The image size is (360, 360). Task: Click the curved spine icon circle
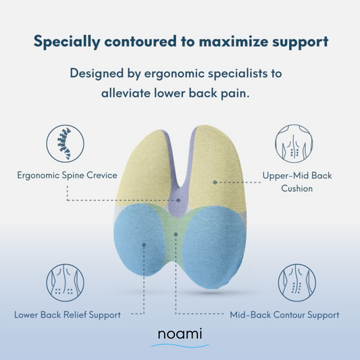pos(66,144)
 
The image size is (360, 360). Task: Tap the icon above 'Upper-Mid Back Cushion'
pos(294,144)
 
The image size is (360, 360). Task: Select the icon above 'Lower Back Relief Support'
pos(66,282)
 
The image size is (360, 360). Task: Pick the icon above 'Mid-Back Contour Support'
pos(297,282)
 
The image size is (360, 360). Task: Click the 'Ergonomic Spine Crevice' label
pos(68,176)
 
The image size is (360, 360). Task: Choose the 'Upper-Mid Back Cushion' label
pos(297,182)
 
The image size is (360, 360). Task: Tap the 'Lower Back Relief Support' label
pos(68,315)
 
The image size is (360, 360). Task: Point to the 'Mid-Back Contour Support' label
pos(284,315)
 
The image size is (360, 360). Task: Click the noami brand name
pos(180,334)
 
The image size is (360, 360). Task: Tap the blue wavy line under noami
pos(180,345)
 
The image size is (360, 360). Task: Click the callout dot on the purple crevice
pos(178,200)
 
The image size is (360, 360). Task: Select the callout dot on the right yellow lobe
pos(215,182)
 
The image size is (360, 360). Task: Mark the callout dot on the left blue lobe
pos(144,245)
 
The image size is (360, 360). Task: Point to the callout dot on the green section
pos(176,234)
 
